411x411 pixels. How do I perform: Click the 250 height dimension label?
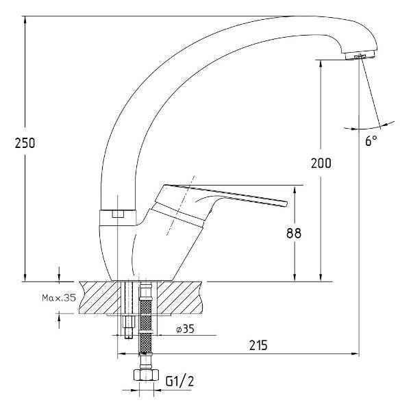pos(25,143)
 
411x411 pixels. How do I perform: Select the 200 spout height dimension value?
pos(321,163)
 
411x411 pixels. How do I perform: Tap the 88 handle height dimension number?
pos(294,233)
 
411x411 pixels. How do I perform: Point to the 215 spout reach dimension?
pos(258,345)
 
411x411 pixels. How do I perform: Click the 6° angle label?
pos(371,140)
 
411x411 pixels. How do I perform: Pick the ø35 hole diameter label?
pos(186,329)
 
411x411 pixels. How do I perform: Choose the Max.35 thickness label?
pos(59,297)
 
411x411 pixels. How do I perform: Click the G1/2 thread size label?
pos(179,381)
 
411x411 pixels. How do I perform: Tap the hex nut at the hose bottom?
pos(147,375)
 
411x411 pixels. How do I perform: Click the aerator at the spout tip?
pos(360,55)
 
